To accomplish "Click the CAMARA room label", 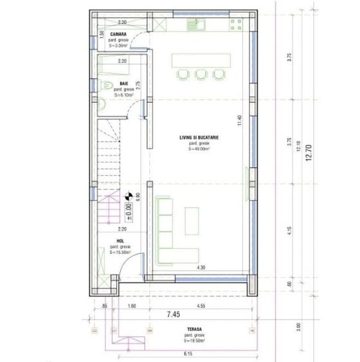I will point(118,33).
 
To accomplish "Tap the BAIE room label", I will point(123,84).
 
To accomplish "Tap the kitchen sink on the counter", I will point(196,26).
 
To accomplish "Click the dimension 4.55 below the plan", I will point(201,307).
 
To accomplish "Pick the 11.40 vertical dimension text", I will point(239,121).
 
